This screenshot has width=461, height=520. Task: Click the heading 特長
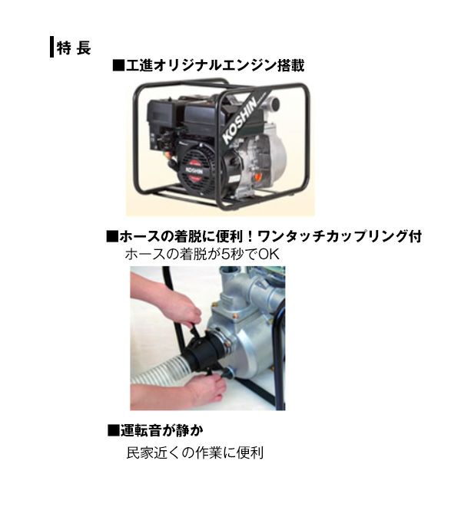(74, 48)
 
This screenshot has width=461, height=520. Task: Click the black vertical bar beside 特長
(51, 47)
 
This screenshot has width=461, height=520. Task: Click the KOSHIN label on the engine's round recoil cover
(194, 170)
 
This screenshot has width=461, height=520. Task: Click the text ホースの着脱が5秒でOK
(202, 255)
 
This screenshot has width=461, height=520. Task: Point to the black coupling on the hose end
(203, 351)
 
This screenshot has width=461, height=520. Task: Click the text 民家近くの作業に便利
(195, 453)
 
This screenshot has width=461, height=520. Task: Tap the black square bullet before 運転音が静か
(113, 430)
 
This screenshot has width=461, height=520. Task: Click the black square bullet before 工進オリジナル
(118, 65)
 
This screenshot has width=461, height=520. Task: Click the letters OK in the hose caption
(269, 255)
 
